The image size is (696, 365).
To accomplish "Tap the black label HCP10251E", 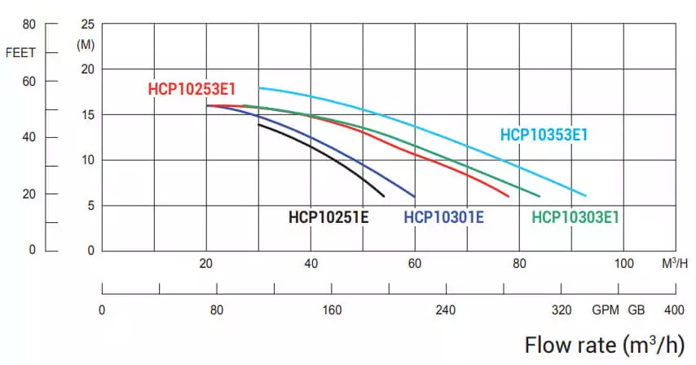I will pos(328,217).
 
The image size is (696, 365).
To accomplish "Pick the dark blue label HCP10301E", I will pos(443,217).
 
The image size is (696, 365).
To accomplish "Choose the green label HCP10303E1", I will pos(575,217).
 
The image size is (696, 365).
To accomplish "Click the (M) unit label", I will pos(86,44).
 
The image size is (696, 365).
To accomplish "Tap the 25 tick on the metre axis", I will pos(88,24).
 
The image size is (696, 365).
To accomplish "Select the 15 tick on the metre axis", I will pos(88,114).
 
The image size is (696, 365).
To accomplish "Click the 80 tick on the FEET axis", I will pos(29,24).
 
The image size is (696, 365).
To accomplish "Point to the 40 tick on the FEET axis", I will pos(29,137).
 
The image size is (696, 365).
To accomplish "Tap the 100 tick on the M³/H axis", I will pos(623,263).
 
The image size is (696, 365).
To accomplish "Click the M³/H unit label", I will pos(676,263).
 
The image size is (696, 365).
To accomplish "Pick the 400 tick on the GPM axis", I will pos(674,310).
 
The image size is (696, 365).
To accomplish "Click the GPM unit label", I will pos(606,310).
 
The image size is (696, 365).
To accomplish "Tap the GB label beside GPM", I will pos(636,310).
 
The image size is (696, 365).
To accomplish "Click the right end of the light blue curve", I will pos(585,196).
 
